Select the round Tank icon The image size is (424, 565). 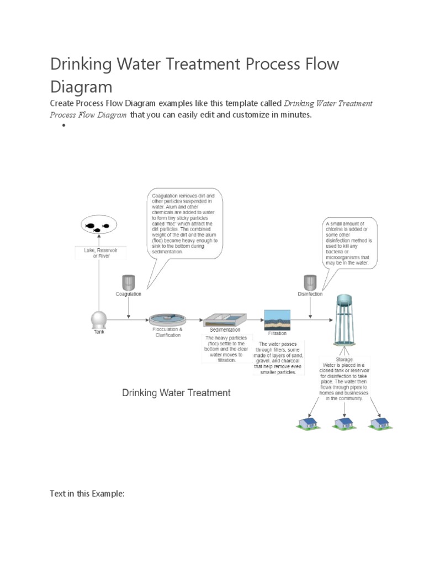pos(99,319)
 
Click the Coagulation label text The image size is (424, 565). pos(128,294)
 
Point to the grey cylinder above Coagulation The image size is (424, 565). pos(128,282)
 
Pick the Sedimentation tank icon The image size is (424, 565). pos(224,319)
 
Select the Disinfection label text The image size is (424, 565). pos(310,294)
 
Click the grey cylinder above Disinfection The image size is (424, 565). pos(310,282)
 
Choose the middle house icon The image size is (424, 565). pos(344,423)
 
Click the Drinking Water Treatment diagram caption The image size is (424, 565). pos(176,393)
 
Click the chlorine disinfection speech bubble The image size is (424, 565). pos(350,243)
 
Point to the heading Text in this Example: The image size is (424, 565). pos(87,494)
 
